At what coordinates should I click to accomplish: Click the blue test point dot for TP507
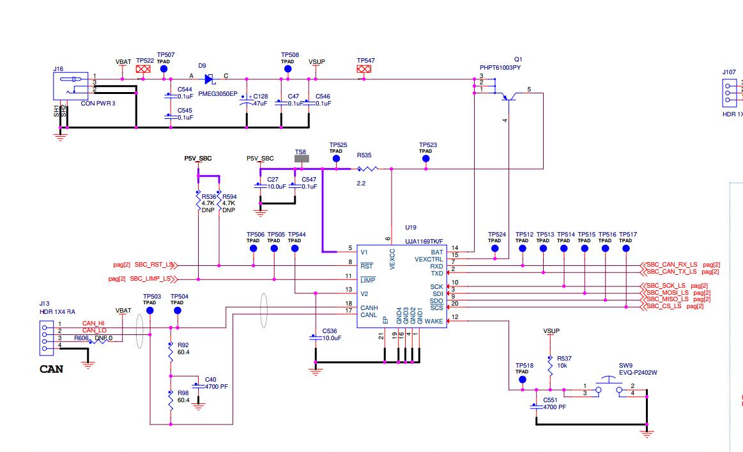point(164,68)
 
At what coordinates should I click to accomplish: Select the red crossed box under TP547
point(364,68)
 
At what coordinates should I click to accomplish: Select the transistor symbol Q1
point(509,97)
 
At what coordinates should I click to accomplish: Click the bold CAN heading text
point(51,369)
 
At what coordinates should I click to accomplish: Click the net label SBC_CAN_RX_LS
point(673,265)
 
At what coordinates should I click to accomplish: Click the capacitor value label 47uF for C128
point(260,103)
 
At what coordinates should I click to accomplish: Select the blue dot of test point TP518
point(523,379)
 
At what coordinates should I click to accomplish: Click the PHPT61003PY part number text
point(500,67)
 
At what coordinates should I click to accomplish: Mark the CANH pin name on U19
point(369,308)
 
